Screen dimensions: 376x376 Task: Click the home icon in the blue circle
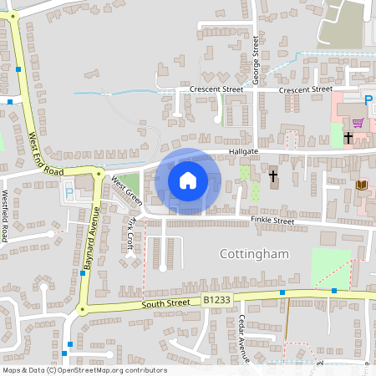(188, 180)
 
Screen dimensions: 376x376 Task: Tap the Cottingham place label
(254, 253)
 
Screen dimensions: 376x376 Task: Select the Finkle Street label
(272, 221)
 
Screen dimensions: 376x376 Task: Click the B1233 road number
(217, 298)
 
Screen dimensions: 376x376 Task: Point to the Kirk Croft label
(131, 236)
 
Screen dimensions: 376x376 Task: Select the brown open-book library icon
(361, 185)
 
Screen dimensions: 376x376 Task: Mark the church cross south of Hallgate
(273, 176)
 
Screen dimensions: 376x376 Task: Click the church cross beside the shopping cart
(348, 138)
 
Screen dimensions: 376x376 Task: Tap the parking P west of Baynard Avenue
(69, 192)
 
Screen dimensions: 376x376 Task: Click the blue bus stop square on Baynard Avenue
(82, 273)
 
